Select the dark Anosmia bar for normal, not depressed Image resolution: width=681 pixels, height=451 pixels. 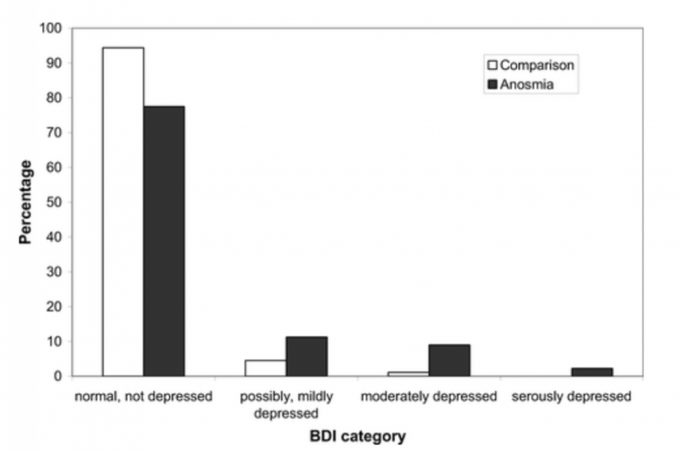click(x=164, y=241)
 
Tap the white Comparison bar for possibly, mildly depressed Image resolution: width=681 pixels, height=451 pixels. click(x=266, y=368)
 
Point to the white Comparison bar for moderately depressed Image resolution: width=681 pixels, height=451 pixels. click(x=408, y=374)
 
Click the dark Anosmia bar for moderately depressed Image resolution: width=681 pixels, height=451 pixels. click(x=450, y=360)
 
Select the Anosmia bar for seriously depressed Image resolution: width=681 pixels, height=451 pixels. click(x=592, y=372)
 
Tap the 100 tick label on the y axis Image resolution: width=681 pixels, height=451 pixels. click(x=52, y=29)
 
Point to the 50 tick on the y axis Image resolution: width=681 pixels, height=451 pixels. click(x=55, y=202)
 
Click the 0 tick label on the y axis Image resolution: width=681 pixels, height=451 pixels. click(x=59, y=376)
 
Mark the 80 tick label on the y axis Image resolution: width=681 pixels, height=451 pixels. click(x=55, y=98)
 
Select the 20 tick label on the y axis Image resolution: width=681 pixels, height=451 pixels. click(x=55, y=307)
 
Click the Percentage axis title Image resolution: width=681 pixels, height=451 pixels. click(x=25, y=202)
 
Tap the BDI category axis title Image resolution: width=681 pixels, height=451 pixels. click(x=357, y=437)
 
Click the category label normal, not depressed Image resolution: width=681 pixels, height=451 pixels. click(x=144, y=397)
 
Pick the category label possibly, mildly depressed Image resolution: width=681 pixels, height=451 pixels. click(x=287, y=405)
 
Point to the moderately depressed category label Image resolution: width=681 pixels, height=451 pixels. click(x=429, y=397)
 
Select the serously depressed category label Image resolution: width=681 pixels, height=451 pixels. click(x=571, y=397)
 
